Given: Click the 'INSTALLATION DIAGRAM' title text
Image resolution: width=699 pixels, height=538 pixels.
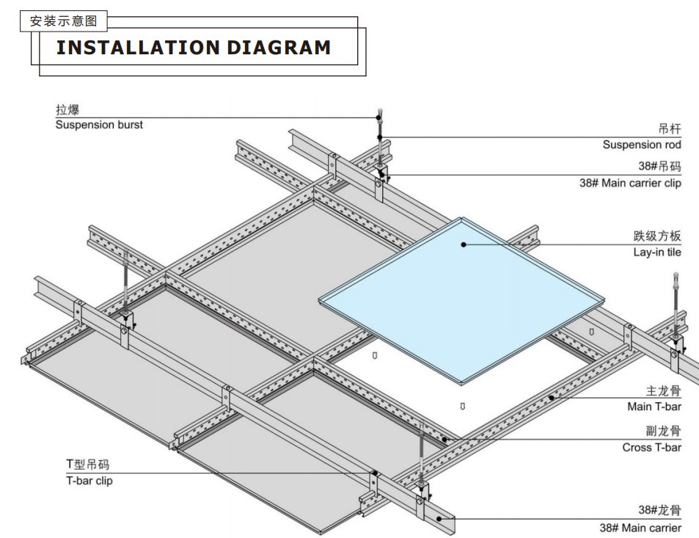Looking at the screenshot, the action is click(x=194, y=48).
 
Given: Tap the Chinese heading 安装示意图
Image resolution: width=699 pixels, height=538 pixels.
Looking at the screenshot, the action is click(x=63, y=21).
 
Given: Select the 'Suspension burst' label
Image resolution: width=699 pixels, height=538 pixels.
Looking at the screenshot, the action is click(x=99, y=125).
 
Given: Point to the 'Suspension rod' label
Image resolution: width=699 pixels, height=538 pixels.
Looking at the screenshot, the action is click(x=642, y=145).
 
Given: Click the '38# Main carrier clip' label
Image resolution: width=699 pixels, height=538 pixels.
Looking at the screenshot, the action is click(x=630, y=183).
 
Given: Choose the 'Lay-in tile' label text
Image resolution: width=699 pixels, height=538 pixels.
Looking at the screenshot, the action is click(x=657, y=252).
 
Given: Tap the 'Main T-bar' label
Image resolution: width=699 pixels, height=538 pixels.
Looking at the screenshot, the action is click(x=654, y=407).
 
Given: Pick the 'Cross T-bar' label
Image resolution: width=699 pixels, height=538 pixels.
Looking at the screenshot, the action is click(x=652, y=447).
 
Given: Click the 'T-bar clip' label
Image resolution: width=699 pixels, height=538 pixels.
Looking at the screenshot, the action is click(x=89, y=481).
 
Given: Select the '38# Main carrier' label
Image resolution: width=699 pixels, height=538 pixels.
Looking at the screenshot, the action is click(x=640, y=528).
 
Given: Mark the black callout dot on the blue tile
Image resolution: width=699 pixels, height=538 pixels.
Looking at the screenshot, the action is click(x=464, y=244).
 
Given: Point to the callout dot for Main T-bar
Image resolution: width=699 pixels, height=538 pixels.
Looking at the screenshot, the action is click(x=552, y=398).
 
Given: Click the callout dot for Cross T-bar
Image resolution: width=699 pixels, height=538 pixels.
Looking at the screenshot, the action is click(x=444, y=440).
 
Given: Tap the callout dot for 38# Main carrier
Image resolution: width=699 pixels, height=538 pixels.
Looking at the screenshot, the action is click(x=439, y=519).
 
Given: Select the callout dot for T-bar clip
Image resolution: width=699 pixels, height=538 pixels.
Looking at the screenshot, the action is click(x=375, y=473).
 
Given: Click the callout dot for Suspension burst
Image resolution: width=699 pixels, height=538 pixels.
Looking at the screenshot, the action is click(x=378, y=118).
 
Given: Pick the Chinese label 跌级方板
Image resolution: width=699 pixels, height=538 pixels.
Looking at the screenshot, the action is click(x=657, y=236).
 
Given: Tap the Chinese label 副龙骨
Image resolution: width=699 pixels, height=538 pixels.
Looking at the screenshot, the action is click(x=663, y=431).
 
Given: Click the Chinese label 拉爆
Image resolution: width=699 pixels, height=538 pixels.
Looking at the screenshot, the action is click(x=67, y=109).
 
